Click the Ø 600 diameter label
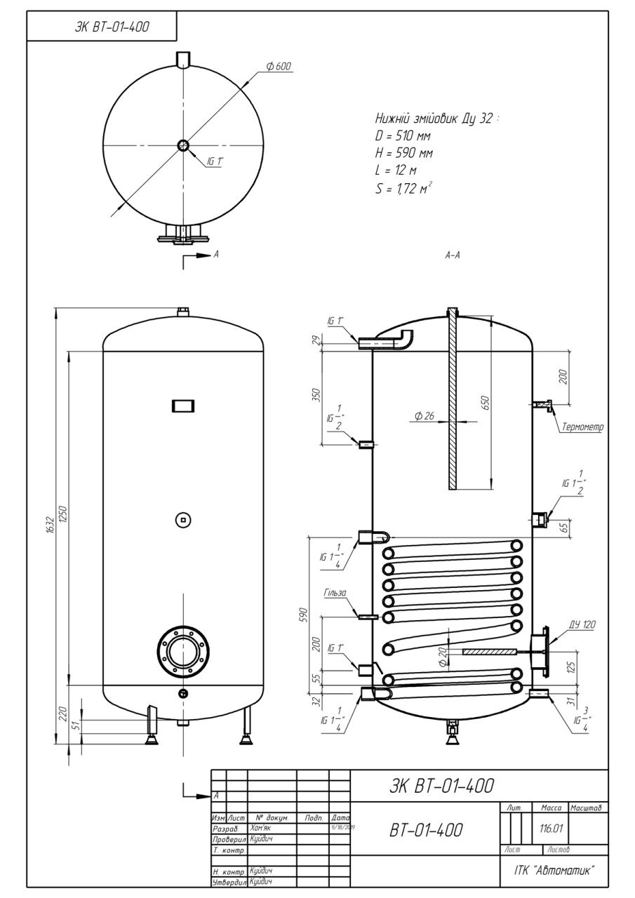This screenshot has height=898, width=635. [279, 67]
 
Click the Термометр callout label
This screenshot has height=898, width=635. [582, 427]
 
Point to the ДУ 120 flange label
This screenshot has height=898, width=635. [563, 624]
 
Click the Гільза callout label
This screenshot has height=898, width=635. [335, 594]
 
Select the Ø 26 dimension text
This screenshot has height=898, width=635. [425, 416]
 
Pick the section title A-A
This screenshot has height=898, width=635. [453, 257]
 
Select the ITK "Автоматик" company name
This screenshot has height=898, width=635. [549, 870]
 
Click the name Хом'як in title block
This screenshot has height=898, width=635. [262, 829]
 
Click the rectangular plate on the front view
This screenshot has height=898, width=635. [183, 406]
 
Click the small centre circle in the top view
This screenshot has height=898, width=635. [183, 146]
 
